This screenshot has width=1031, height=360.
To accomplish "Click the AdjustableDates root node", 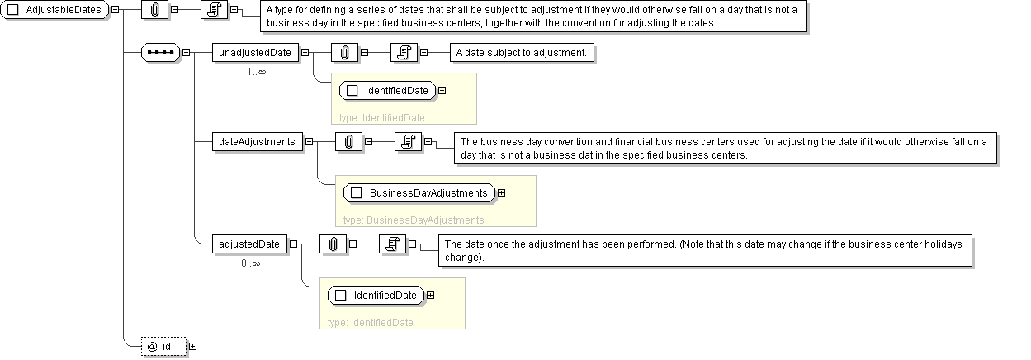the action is pos(54,10).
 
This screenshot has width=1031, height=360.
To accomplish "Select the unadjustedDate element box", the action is pos(255,53).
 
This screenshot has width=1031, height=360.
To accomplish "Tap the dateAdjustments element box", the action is pos(258,142).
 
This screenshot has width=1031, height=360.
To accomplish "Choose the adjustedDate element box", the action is pos(249,244).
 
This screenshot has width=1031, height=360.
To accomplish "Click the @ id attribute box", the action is pos(164,346).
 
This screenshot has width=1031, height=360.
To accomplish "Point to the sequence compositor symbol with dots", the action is pos(160,53).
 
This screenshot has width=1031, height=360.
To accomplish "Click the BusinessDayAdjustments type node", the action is pos(419,193).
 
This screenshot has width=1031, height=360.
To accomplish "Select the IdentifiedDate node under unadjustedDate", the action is pos(387,91).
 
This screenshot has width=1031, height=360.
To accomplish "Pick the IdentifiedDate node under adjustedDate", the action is pos(376,295).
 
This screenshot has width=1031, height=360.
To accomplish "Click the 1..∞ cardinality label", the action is pos(257,72).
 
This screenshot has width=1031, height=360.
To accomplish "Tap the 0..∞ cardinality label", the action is pos(251,263).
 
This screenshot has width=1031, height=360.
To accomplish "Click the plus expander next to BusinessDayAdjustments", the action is pos(502,193).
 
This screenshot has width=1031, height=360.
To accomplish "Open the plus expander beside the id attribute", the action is pos(193,346).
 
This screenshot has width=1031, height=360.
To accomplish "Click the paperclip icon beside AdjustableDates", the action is pos(154,10).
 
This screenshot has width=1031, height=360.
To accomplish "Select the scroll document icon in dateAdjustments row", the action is pos(409,142).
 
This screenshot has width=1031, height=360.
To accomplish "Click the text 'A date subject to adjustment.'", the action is pos(522,53).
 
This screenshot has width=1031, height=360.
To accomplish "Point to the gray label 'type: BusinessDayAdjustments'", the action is pos(414,220).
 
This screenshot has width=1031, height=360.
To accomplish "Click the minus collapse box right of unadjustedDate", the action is pos(305,53).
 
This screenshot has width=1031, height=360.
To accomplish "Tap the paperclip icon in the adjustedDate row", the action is pos(333,244).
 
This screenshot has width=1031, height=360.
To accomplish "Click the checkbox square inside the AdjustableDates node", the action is pos(13,10).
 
